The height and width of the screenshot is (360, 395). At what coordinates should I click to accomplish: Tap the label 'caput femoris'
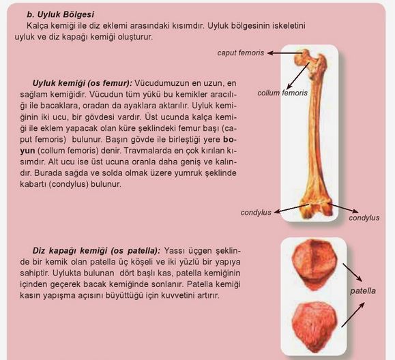click(x=241, y=52)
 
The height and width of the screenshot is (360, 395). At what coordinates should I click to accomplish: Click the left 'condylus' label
click(x=256, y=213)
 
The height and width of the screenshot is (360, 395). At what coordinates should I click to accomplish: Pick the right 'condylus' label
click(x=364, y=218)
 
